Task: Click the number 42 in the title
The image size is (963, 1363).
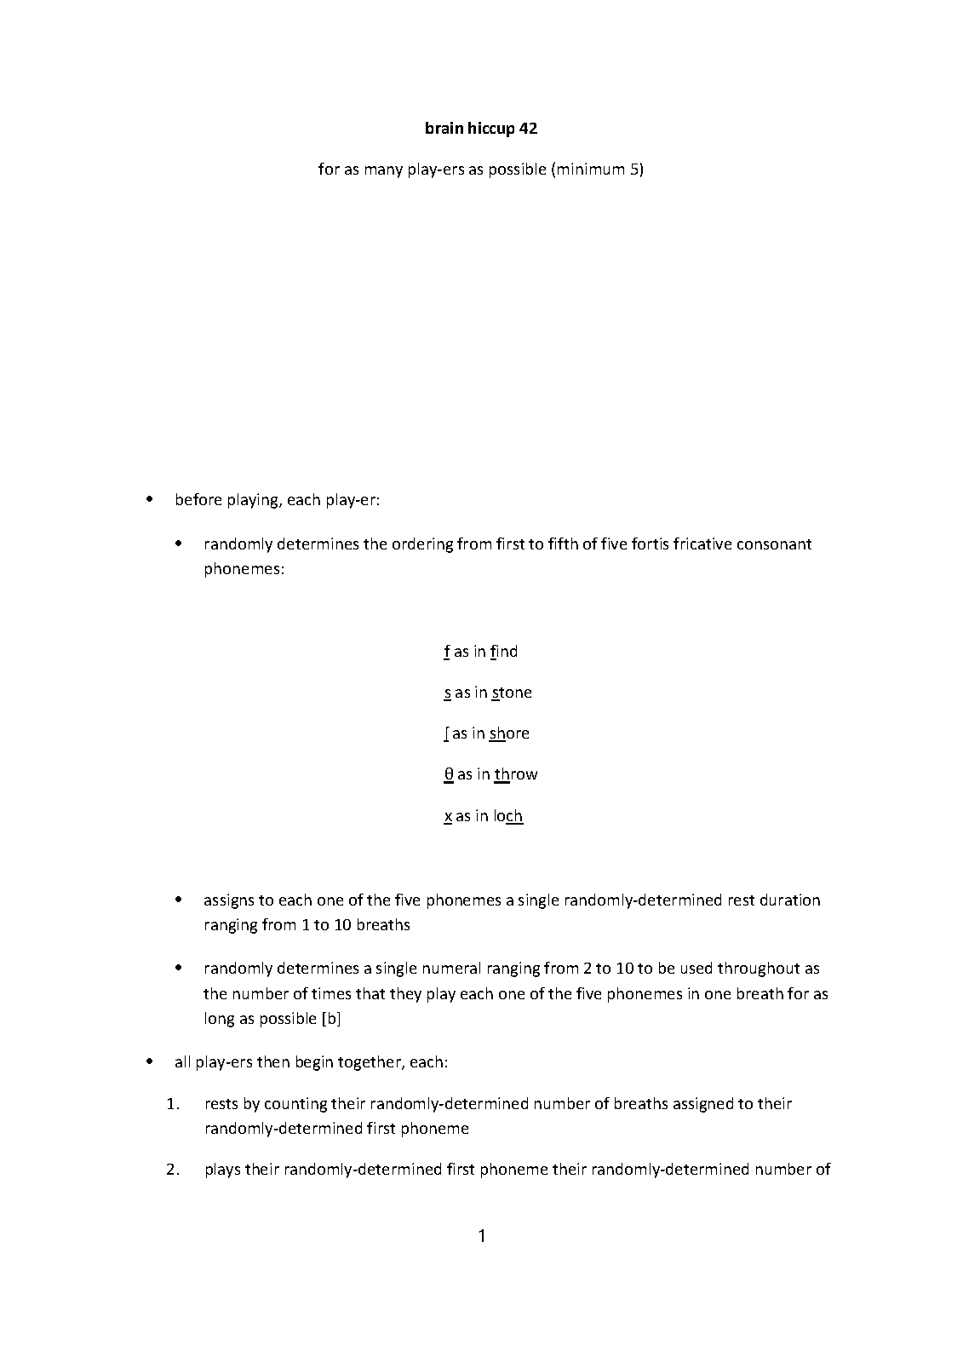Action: coord(528,129)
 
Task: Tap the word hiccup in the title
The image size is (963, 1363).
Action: coord(490,129)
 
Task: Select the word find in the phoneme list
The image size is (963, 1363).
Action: coord(504,652)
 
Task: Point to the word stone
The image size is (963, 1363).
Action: coord(512,693)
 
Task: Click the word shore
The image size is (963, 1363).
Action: coord(509,733)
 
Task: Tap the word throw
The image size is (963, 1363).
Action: coord(516,774)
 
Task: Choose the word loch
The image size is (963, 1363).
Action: coord(507,816)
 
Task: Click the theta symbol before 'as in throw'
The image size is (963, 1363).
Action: coord(448,774)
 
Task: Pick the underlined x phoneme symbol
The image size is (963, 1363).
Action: coord(448,816)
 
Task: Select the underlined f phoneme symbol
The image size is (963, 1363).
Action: coord(447,652)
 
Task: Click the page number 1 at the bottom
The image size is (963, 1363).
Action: coord(482,1236)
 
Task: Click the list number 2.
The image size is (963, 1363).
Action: coord(173,1170)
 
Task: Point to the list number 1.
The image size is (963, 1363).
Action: coord(173,1104)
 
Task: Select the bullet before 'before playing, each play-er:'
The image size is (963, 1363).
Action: coord(150,499)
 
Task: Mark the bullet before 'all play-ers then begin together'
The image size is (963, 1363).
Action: coord(150,1062)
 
